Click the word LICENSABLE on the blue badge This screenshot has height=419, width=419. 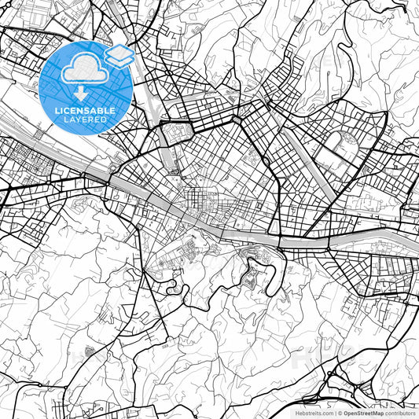pyautogui.click(x=86, y=111)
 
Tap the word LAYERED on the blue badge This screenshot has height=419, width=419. pyautogui.click(x=86, y=120)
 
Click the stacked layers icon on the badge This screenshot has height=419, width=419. pyautogui.click(x=119, y=55)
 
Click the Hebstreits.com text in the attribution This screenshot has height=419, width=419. pyautogui.click(x=314, y=412)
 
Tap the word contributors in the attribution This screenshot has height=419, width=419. pyautogui.click(x=400, y=412)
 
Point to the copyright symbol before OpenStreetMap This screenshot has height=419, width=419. pyautogui.click(x=340, y=412)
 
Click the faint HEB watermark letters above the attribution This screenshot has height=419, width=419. pyautogui.click(x=314, y=358)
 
